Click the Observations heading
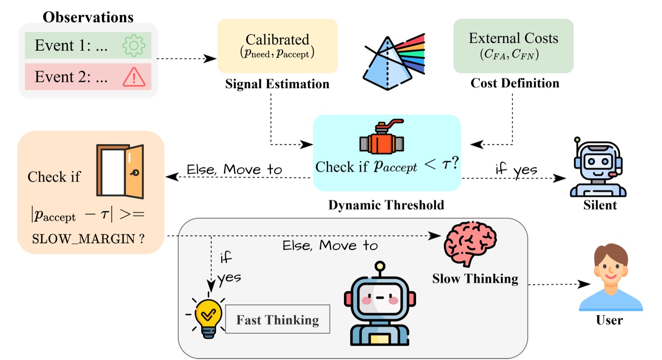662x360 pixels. click(x=88, y=17)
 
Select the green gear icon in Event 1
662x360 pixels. click(x=133, y=46)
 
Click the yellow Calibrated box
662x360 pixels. click(x=277, y=46)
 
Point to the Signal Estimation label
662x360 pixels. click(x=277, y=84)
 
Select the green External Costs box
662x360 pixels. click(x=513, y=46)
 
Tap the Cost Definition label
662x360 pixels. click(x=515, y=83)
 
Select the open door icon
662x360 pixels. click(x=120, y=172)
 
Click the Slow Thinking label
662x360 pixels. click(x=475, y=279)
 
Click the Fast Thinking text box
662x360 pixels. click(x=278, y=320)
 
